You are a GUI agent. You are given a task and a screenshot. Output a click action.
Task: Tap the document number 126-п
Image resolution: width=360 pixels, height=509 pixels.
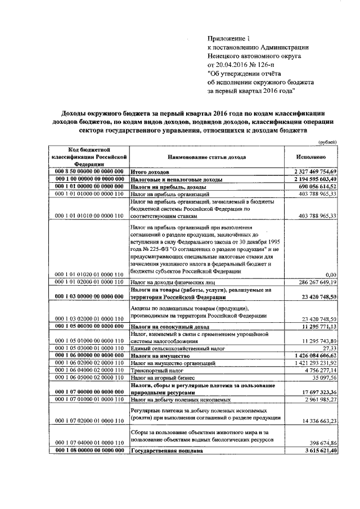(x=268, y=65)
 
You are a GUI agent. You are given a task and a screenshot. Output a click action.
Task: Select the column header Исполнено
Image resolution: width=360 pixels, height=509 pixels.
(x=317, y=157)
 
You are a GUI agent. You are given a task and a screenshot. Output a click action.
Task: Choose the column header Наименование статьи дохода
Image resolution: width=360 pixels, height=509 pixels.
(x=206, y=157)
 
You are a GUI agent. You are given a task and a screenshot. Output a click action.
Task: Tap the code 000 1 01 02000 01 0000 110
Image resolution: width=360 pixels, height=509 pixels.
(x=88, y=281)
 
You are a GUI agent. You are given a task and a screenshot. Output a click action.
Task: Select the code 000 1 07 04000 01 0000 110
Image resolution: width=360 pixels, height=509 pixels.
(x=88, y=443)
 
